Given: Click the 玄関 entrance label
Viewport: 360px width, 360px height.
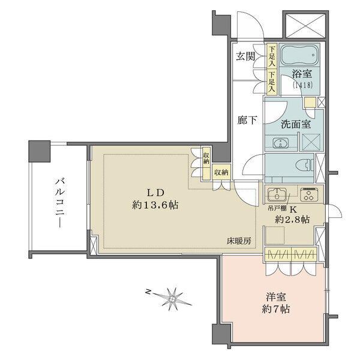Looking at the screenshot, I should click(x=244, y=57).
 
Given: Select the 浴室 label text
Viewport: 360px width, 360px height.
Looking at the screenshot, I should click(x=302, y=74).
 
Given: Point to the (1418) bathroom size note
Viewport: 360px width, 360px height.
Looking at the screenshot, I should click(x=302, y=85).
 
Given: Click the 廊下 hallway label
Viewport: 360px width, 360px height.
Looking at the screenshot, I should click(x=247, y=119).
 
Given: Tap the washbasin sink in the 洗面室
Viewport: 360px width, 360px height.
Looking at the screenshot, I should click(x=279, y=143).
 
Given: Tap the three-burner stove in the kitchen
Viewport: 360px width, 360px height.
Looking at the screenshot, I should click(x=309, y=194).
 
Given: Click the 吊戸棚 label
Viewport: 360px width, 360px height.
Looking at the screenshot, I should click(x=277, y=209).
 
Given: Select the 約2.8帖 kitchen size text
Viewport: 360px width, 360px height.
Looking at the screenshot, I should click(x=292, y=220).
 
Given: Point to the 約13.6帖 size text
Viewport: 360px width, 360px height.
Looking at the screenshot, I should click(x=155, y=205).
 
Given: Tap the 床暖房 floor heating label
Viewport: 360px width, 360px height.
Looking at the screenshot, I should click(x=239, y=241).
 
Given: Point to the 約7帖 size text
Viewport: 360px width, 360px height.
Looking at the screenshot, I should click(x=277, y=310).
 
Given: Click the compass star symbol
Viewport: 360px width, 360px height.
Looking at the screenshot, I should click(x=173, y=296).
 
